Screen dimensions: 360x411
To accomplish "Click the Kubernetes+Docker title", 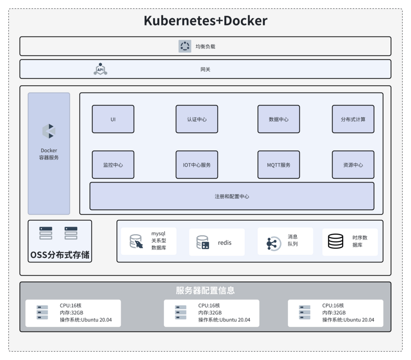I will tap(205, 21).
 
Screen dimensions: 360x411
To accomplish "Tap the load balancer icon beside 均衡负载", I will tap(185, 46).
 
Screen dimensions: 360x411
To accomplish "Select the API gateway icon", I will tap(100, 69).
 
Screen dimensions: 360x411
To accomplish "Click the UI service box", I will tap(113, 119).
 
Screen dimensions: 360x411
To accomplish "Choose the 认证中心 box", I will tap(197, 119).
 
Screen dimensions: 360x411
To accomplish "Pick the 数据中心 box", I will tap(279, 119).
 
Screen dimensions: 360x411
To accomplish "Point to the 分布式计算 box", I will tap(353, 119).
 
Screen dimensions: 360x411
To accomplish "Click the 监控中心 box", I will tap(113, 165).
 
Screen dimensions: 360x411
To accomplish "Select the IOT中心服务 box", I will tap(197, 165).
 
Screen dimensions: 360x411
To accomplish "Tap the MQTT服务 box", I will tap(279, 165).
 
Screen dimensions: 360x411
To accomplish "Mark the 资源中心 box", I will tap(353, 165).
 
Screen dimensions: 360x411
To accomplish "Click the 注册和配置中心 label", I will tap(232, 197).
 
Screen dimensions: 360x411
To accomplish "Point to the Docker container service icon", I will tap(49, 131).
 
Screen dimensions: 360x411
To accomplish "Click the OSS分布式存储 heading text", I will tap(60, 254).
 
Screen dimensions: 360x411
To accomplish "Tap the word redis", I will tap(225, 243).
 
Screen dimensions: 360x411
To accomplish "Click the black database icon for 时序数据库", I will tap(335, 241).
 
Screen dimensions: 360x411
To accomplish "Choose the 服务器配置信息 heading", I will tap(205, 290).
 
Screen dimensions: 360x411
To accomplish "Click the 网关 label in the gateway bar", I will tap(205, 69).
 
